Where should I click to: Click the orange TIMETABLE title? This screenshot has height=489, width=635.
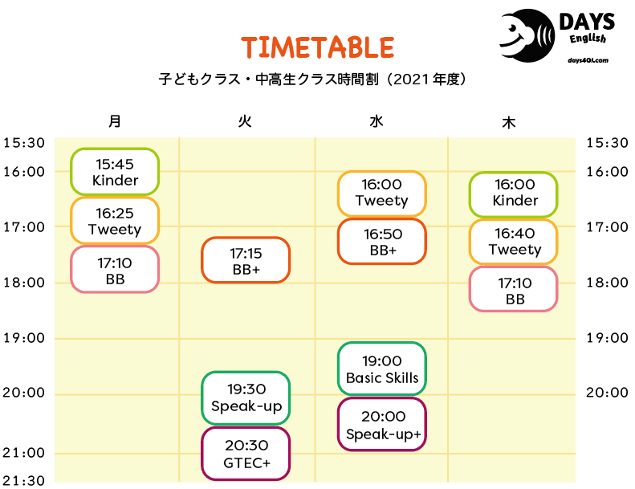318,47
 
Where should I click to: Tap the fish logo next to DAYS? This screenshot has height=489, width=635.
527,35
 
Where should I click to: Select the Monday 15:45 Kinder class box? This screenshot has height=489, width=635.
115,172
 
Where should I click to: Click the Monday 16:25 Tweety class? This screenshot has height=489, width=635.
115,221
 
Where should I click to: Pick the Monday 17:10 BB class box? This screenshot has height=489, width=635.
115,270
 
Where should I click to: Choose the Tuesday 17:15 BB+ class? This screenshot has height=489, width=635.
246,260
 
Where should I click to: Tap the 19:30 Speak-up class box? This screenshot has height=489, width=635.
246,397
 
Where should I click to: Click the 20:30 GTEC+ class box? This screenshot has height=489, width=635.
246,454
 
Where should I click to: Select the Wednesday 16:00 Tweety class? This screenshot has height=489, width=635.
382,194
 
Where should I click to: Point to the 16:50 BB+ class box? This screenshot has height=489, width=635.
382,242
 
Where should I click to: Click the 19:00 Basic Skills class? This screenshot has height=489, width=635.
382,369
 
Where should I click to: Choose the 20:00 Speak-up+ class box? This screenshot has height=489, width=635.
382,424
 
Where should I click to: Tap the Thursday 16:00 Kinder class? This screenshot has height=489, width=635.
514,194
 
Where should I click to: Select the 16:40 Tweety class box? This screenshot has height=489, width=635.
514,242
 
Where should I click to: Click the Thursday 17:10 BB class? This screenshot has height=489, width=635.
514,289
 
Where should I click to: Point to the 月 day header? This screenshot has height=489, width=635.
115,121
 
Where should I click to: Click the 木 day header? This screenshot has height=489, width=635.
509,122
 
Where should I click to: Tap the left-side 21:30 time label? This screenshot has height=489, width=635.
23,481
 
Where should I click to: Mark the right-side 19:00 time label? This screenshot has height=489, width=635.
608,337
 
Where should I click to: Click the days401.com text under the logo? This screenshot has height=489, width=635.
588,60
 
